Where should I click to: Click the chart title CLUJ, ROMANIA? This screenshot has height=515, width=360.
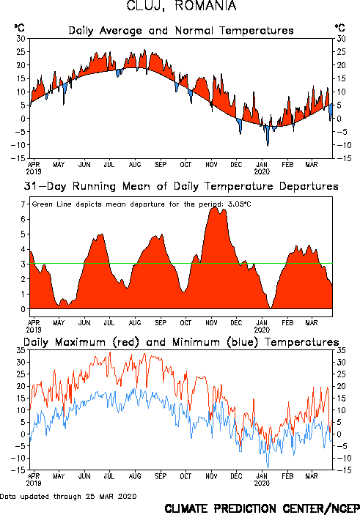(x=181, y=6)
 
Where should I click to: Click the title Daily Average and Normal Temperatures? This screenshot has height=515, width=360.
(x=181, y=31)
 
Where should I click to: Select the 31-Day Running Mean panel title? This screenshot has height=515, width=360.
(x=181, y=186)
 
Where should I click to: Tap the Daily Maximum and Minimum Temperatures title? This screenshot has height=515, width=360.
(x=181, y=342)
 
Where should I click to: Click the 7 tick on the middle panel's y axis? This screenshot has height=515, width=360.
(x=23, y=204)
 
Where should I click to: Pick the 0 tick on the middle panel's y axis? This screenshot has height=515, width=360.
(x=23, y=309)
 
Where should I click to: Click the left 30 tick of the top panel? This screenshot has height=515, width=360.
(x=21, y=38)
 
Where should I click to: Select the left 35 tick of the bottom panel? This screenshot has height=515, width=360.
(x=21, y=350)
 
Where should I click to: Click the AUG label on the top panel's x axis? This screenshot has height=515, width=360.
(x=135, y=164)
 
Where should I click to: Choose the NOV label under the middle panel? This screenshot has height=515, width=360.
(x=211, y=322)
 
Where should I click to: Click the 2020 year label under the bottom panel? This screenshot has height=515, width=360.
(x=262, y=483)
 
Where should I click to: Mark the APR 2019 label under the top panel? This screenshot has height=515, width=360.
(x=34, y=168)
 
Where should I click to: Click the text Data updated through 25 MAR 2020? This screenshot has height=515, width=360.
(x=68, y=496)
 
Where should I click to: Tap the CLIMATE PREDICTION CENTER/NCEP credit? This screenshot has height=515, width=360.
(x=262, y=508)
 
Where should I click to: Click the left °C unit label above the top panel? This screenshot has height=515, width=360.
(x=19, y=28)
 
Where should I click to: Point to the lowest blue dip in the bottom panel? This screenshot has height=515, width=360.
(x=268, y=467)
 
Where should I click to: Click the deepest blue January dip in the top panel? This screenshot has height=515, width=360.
(x=268, y=144)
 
